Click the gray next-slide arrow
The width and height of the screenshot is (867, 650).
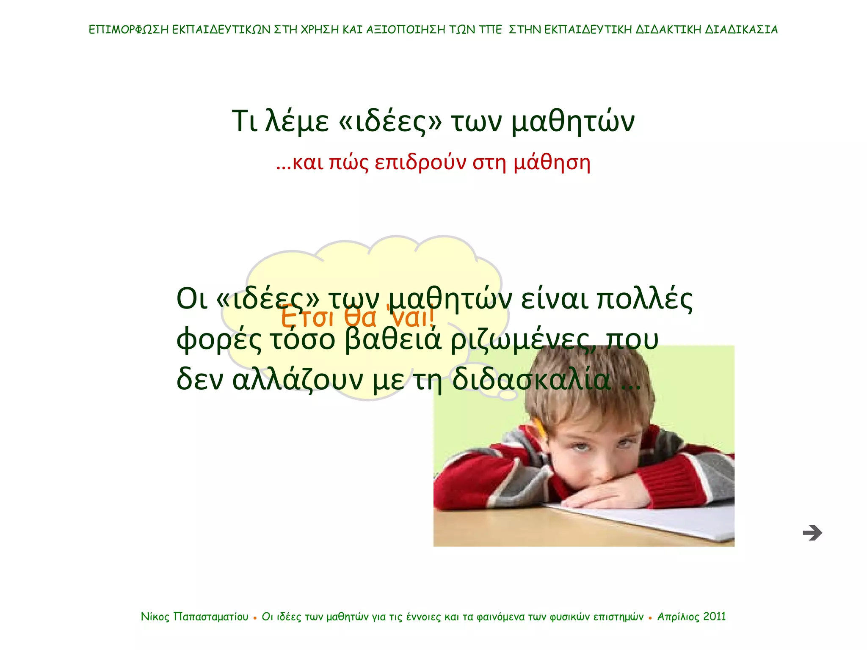[x=812, y=533]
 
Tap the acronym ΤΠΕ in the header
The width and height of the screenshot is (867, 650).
[x=490, y=30]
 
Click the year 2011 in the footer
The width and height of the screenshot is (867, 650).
[x=714, y=617]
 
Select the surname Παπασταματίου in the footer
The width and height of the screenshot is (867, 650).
[x=211, y=617]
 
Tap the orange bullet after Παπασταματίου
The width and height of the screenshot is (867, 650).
[x=255, y=618]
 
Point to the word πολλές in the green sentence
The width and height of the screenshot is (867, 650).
[x=644, y=299]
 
